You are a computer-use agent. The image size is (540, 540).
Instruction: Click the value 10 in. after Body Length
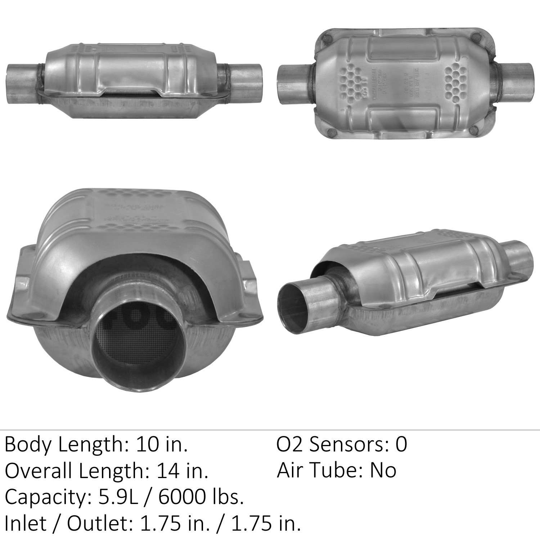pyautogui.click(x=162, y=445)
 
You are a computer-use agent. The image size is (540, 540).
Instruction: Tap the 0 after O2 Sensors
pyautogui.click(x=401, y=445)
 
